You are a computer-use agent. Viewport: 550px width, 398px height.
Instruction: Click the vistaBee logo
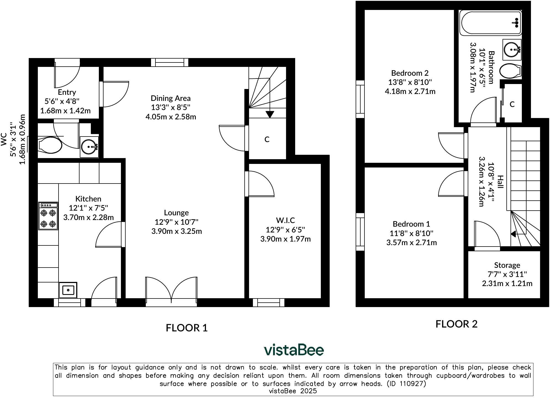(294, 350)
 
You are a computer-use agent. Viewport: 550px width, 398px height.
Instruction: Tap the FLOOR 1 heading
(186, 328)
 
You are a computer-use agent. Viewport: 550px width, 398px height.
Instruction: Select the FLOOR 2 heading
(456, 324)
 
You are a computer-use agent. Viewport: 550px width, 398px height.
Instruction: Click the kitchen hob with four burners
(48, 216)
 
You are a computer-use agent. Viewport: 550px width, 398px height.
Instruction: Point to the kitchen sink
(68, 290)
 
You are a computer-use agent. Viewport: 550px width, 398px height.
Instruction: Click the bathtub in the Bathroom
(490, 23)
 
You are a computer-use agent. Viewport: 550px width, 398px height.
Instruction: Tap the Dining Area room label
(170, 98)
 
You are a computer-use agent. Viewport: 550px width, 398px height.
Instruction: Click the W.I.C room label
(285, 220)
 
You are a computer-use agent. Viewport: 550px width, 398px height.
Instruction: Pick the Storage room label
(507, 265)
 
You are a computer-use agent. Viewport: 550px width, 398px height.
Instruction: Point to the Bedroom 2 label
(410, 73)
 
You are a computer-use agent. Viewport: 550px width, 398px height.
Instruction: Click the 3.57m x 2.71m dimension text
(411, 243)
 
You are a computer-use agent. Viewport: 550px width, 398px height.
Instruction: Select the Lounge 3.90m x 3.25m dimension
(176, 231)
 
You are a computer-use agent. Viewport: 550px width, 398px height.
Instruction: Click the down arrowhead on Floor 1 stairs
(270, 114)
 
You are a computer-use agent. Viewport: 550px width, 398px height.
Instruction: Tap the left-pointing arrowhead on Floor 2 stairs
(513, 234)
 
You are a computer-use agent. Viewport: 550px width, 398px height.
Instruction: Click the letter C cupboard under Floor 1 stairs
(267, 139)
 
